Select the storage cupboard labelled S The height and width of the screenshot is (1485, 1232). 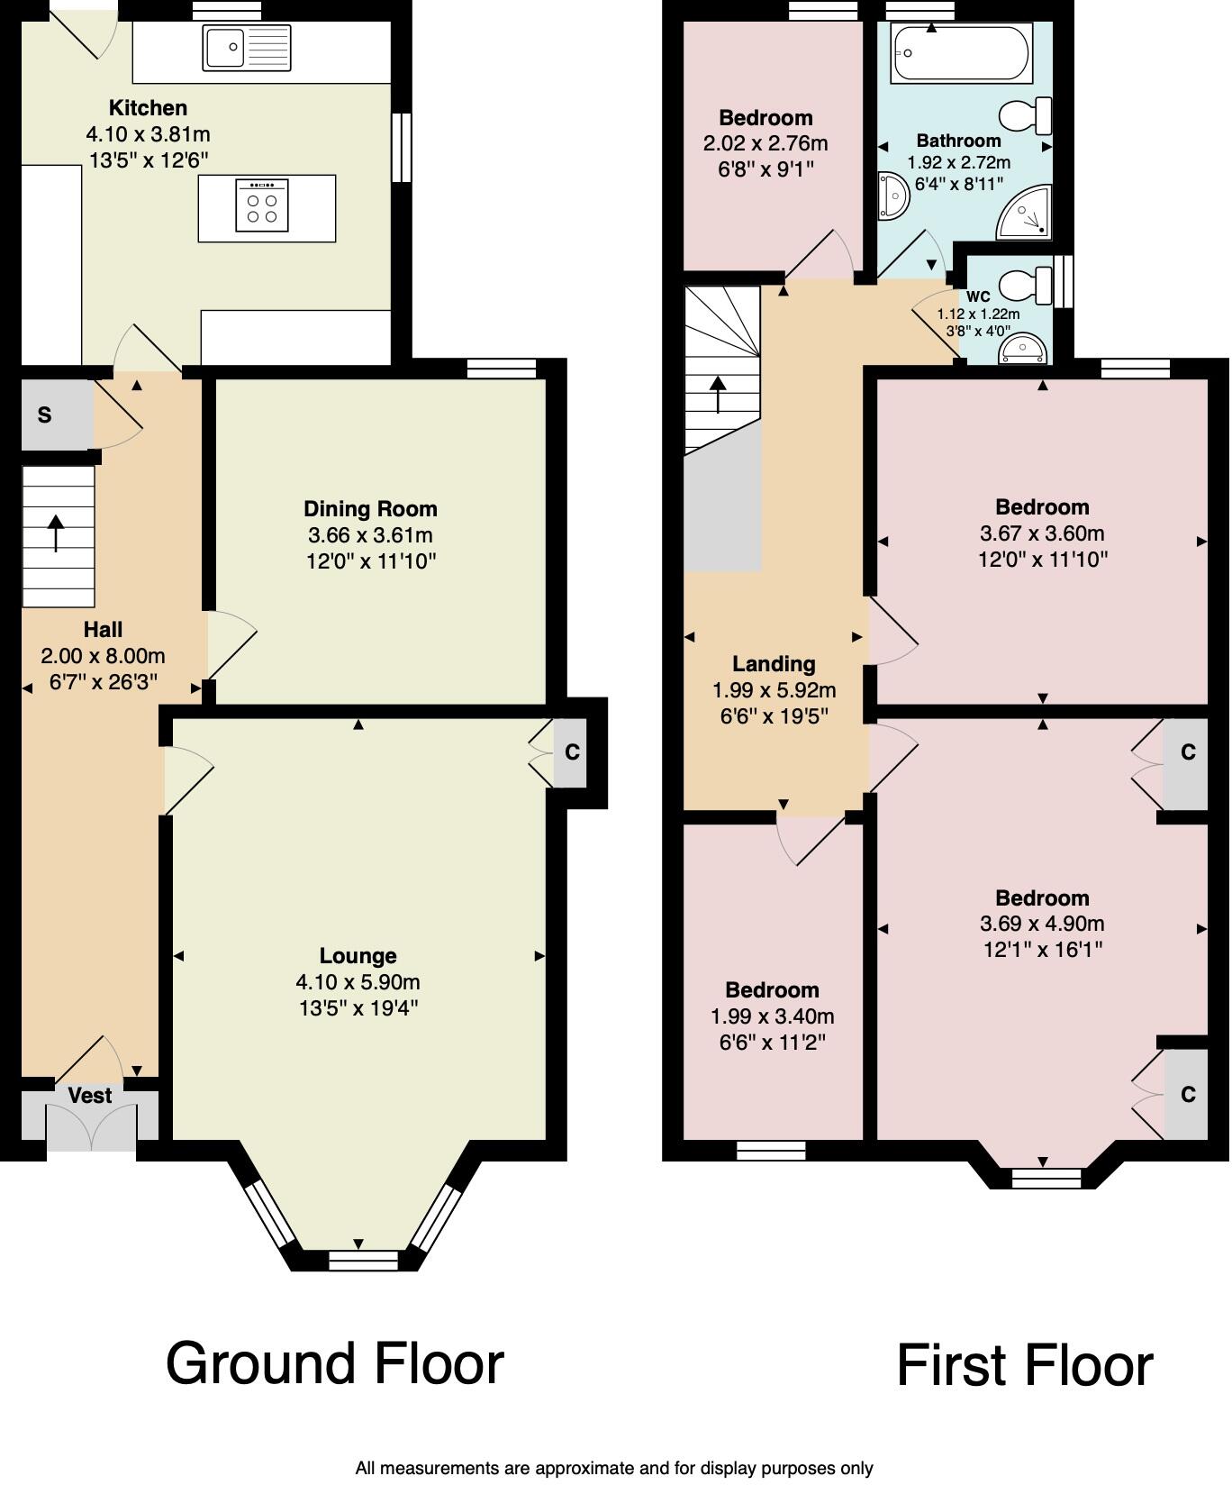click(x=45, y=415)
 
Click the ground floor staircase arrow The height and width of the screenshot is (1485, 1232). click(x=56, y=533)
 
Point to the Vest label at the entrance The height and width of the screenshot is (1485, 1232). click(x=90, y=1096)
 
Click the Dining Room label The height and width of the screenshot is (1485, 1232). click(x=370, y=509)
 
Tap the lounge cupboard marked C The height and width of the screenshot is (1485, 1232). click(x=571, y=751)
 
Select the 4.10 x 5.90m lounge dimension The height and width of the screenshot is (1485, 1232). click(x=358, y=982)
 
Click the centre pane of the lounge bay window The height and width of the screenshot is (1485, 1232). click(x=363, y=1260)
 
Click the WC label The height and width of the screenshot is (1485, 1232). click(x=978, y=296)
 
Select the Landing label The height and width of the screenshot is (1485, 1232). click(x=774, y=664)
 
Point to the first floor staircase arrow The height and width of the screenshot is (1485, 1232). click(x=718, y=395)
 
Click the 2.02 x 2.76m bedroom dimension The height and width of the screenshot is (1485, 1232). click(x=765, y=143)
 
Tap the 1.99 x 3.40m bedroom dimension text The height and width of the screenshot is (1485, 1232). click(x=772, y=1016)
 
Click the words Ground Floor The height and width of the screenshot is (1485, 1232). click(x=334, y=1363)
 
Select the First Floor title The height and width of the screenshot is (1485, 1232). click(x=1024, y=1366)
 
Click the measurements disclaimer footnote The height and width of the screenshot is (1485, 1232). click(x=614, y=1469)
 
